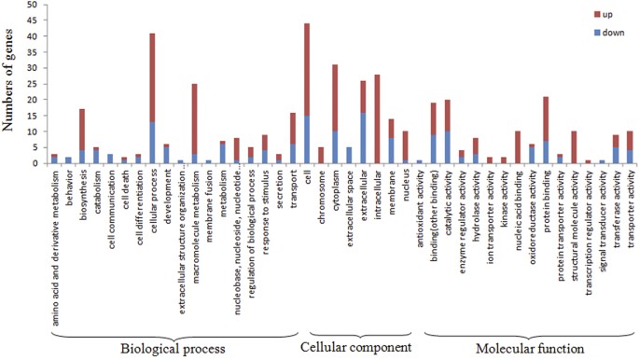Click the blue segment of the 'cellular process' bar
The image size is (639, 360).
pos(152,143)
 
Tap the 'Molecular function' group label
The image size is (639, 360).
pos(528,348)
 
